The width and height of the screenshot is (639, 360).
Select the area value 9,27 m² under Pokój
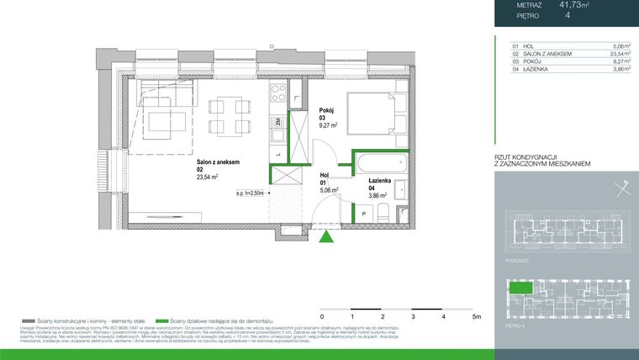[x=328, y=125]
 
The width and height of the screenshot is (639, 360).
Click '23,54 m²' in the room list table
[x=615, y=54]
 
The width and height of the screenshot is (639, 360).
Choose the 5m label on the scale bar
[x=475, y=317]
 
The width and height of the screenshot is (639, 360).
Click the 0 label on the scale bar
[x=323, y=317]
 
